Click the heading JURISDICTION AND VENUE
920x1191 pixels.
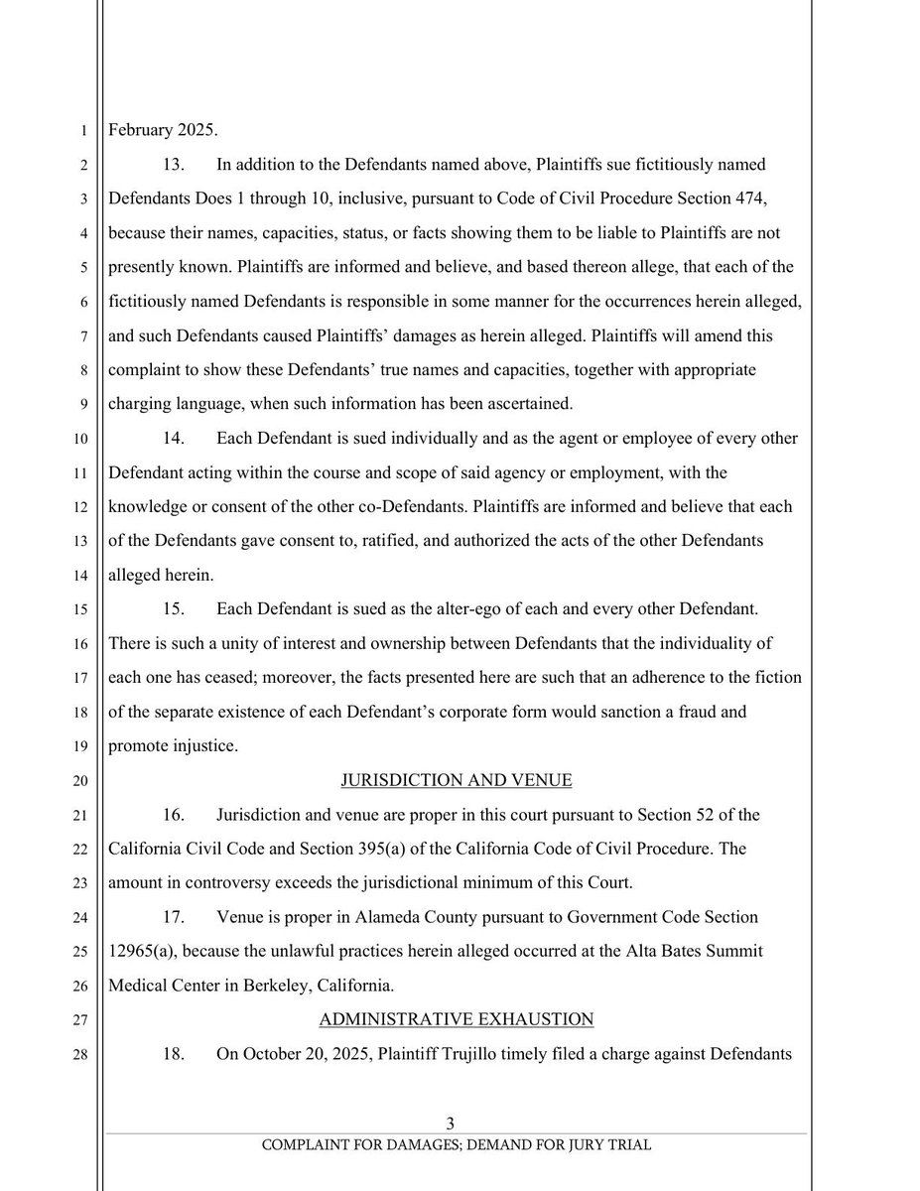[457, 780]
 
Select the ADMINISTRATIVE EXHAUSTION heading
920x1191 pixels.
[457, 1019]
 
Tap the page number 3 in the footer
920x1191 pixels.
[450, 1124]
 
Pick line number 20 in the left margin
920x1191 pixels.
[82, 780]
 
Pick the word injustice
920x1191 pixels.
[203, 745]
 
